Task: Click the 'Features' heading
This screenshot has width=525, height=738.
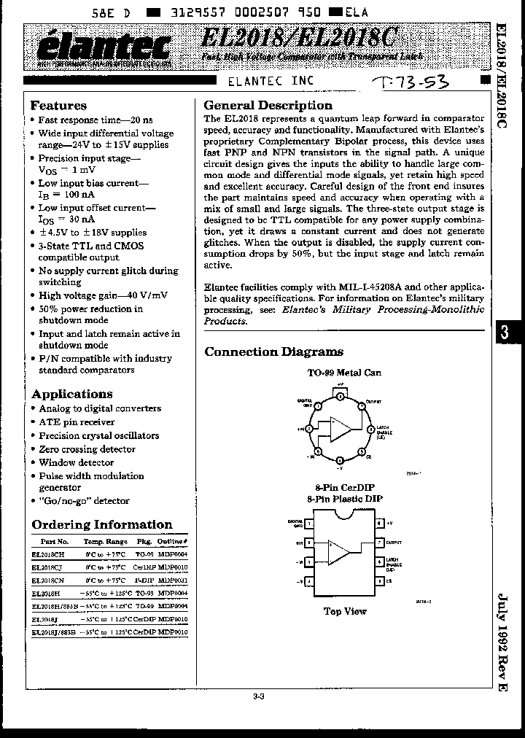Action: pyautogui.click(x=58, y=106)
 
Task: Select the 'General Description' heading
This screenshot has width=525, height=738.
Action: pyautogui.click(x=268, y=105)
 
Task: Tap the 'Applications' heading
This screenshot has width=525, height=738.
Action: pyautogui.click(x=71, y=394)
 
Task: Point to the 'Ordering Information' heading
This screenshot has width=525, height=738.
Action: pyautogui.click(x=102, y=524)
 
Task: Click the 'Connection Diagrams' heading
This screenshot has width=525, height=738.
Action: pyautogui.click(x=273, y=351)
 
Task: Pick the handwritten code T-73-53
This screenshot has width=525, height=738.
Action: pyautogui.click(x=411, y=82)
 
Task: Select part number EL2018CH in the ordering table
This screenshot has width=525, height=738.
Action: pyautogui.click(x=50, y=553)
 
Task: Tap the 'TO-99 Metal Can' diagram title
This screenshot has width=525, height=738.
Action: pyautogui.click(x=344, y=373)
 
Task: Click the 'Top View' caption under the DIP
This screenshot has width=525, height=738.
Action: pyautogui.click(x=345, y=611)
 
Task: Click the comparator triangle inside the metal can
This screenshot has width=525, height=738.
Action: pyautogui.click(x=339, y=429)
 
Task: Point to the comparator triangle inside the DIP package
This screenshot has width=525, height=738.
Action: pyautogui.click(x=338, y=552)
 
